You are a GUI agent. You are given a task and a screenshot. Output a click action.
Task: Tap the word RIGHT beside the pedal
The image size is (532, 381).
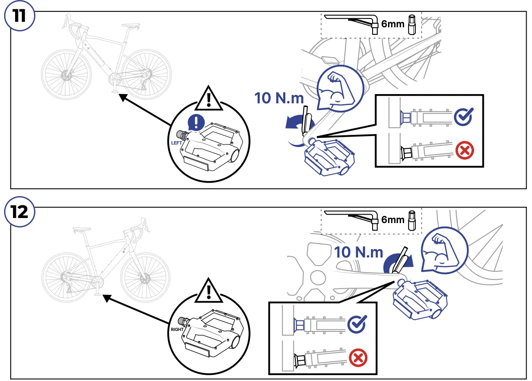point(177,330)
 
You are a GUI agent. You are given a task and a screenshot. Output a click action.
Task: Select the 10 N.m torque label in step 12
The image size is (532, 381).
point(359,252)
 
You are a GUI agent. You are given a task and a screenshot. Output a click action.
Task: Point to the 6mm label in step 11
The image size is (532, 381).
point(393,24)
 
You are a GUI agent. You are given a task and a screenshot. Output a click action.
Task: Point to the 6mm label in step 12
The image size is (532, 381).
point(393,219)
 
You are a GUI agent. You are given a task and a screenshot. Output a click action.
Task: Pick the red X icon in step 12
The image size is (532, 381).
point(358,358)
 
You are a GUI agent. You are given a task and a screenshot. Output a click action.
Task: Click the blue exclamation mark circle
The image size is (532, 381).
point(195,122)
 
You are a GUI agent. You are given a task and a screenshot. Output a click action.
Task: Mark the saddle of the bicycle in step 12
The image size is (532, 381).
point(81,229)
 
